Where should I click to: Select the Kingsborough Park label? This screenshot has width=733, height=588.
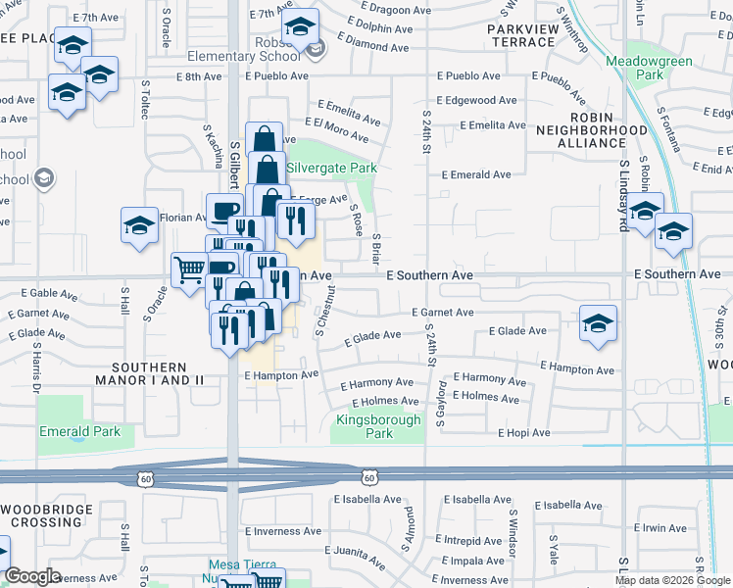coord(378,426)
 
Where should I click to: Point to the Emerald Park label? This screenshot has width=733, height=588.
coord(79,431)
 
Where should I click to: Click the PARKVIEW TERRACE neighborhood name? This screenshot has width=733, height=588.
coord(521,35)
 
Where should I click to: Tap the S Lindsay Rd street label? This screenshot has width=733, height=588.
coord(623,196)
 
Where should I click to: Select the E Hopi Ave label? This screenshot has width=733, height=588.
coord(524,432)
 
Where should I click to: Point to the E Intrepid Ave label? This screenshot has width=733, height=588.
coord(472,540)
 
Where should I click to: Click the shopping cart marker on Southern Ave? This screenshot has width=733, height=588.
coord(187,269)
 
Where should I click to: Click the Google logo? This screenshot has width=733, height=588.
coord(33,576)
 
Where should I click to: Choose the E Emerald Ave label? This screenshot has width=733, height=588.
coord(476,174)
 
